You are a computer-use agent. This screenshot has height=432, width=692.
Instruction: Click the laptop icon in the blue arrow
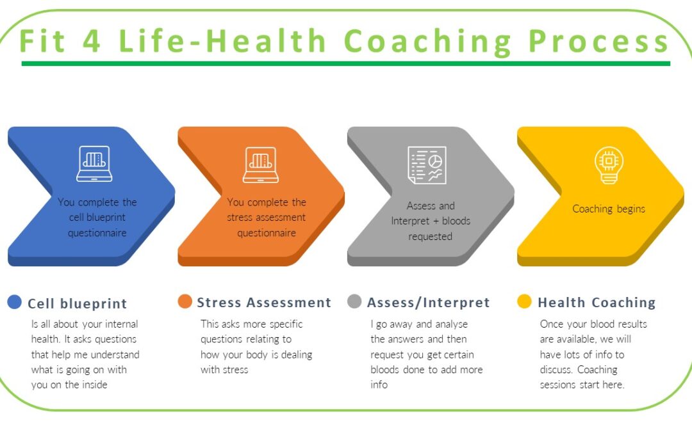coord(94,164)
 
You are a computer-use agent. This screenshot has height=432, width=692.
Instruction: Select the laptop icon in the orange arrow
coord(260,164)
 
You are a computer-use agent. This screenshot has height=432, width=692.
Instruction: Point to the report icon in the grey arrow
coord(427,164)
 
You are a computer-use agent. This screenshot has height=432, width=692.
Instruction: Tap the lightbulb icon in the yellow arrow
coord(608,164)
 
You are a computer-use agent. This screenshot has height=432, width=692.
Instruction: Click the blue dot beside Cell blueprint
coord(15,302)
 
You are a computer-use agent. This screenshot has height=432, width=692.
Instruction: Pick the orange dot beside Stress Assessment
coord(185,302)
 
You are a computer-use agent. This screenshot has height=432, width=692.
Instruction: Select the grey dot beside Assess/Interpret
coord(355,302)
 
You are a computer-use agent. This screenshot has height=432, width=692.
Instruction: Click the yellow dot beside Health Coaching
coord(525,302)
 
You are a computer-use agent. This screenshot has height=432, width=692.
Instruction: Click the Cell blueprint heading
coord(78,303)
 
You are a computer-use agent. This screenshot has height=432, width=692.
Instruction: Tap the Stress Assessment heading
coord(264,303)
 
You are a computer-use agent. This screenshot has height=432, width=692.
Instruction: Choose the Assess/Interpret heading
coord(428,303)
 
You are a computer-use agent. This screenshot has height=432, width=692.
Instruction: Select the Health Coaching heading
coord(597,303)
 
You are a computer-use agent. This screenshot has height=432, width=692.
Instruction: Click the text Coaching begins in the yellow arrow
coord(609,209)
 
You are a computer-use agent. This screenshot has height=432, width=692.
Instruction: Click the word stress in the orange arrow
coord(243,218)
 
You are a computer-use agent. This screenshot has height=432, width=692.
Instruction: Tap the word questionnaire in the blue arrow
coord(97,233)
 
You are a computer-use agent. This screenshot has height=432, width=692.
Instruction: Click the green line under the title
coord(346,63)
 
